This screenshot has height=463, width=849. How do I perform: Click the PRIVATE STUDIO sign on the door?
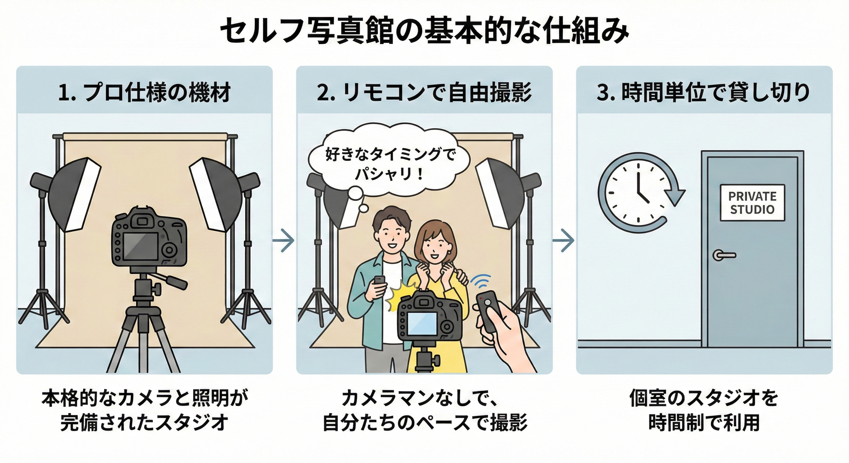(x=752, y=203)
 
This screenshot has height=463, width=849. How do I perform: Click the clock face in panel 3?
(x=638, y=193)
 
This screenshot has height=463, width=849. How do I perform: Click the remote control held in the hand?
(x=489, y=310)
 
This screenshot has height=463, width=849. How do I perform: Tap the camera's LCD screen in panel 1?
(x=140, y=246)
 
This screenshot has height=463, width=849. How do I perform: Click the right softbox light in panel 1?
(x=214, y=193)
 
